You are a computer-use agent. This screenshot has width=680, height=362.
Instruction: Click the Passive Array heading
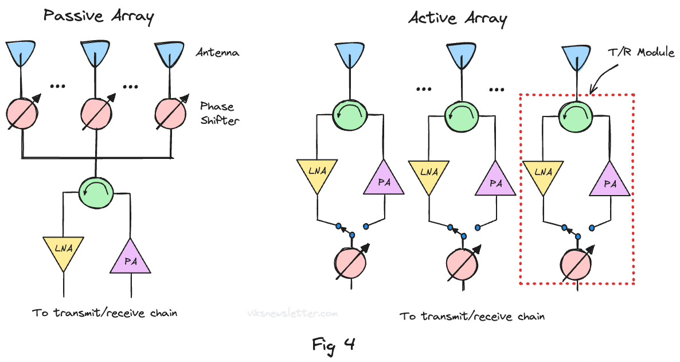[99, 17]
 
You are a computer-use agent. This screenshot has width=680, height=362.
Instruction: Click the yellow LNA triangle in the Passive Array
[63, 251]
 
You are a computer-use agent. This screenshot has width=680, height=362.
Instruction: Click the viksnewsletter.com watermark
[292, 314]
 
